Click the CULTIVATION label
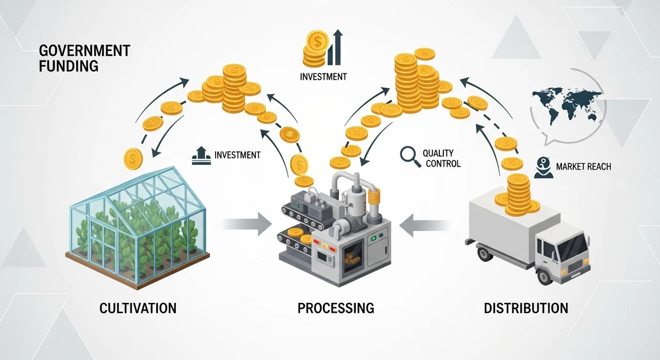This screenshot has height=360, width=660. click(138, 308)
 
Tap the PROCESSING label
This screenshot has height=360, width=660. click(336, 308)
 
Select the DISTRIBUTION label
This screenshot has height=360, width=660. click(526, 308)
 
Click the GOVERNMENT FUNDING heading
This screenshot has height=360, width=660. click(84, 58)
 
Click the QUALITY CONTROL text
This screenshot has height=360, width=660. click(441, 158)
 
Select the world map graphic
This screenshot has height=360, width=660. click(566, 106)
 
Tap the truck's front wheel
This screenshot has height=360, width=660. click(545, 275)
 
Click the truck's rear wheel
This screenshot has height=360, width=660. click(485, 254)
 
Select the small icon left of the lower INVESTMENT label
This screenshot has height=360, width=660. click(201, 155)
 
